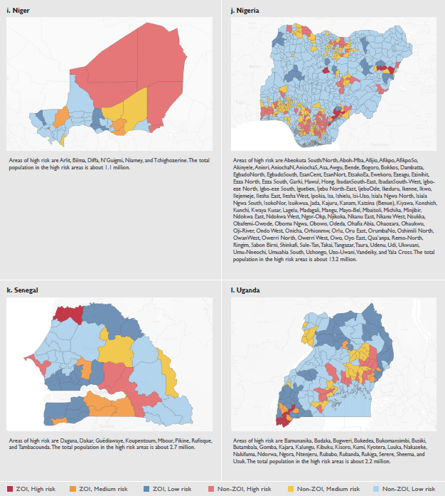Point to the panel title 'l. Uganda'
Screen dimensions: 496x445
click(x=247, y=290)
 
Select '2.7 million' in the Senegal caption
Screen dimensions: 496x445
click(x=180, y=448)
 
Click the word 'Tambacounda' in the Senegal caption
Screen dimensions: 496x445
click(x=31, y=448)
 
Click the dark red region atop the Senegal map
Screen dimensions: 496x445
click(x=69, y=313)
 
